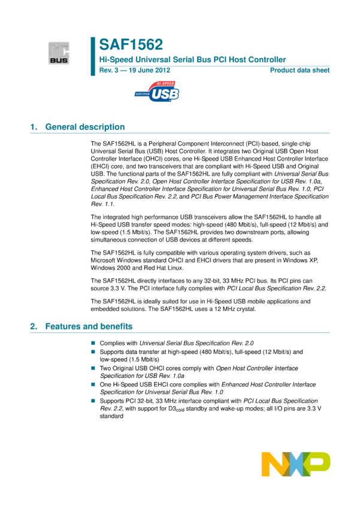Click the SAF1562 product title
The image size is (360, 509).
tap(131, 45)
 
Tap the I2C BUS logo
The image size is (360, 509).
tap(59, 53)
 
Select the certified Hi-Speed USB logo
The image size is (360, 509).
tap(156, 92)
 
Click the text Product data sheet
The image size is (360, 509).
tap(300, 70)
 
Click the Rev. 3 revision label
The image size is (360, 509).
tap(110, 70)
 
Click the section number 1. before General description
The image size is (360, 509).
tap(34, 127)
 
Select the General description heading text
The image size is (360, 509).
tap(85, 127)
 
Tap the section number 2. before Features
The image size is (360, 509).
tap(34, 326)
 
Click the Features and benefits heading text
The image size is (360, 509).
tap(89, 326)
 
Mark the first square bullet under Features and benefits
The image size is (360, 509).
tap(93, 343)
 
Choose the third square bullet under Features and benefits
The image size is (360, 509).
tap(93, 368)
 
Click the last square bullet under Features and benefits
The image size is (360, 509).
tap(93, 401)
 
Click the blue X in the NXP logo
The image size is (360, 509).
tap(296, 464)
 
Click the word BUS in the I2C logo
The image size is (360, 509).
tap(59, 60)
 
